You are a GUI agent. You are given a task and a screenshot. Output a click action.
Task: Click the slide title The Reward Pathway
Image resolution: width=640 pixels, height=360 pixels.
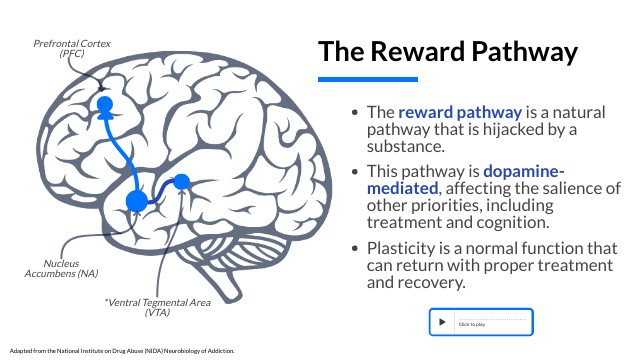448,51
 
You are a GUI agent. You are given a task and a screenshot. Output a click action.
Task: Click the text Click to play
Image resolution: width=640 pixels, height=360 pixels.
471,324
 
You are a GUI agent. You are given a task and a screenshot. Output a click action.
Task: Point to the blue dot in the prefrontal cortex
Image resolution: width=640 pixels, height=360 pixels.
104,103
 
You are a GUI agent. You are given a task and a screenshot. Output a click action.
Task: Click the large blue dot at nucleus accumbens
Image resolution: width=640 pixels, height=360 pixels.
137,201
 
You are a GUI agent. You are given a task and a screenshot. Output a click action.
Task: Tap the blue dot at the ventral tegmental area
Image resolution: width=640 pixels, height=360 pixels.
181,182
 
